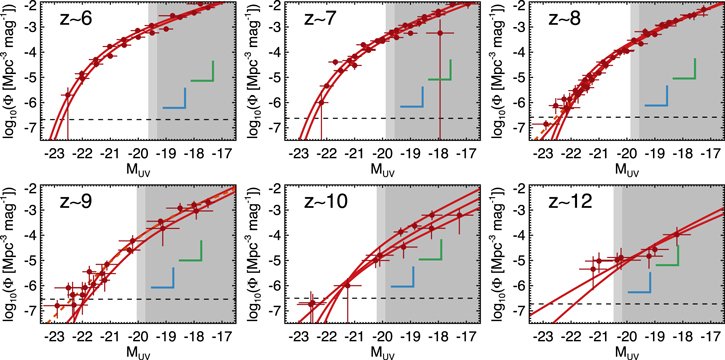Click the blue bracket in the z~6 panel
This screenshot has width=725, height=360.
pyautogui.click(x=175, y=97)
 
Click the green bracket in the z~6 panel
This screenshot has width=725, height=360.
pyautogui.click(x=202, y=72)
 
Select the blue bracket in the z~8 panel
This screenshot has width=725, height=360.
pyautogui.click(x=656, y=95)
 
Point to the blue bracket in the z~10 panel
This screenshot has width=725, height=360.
pyautogui.click(x=404, y=278)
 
